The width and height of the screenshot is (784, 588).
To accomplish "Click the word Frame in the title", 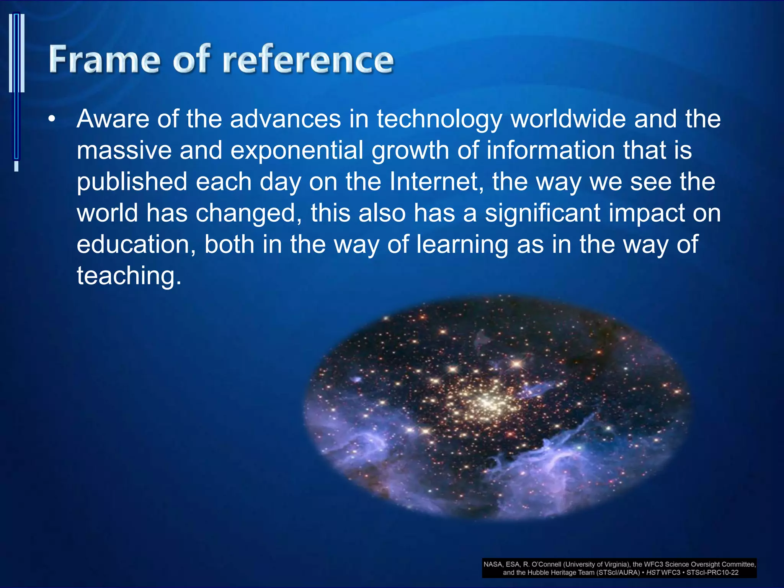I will pyautogui.click(x=104, y=59).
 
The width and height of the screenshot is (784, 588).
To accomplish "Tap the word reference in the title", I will pyautogui.click(x=308, y=59).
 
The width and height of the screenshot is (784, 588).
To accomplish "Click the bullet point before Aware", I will pyautogui.click(x=52, y=119).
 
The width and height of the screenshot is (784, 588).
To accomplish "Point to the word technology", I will pyautogui.click(x=439, y=120).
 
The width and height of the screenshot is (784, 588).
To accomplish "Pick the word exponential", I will pyautogui.click(x=297, y=151).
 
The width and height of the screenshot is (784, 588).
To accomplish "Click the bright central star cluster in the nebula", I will pyautogui.click(x=486, y=402).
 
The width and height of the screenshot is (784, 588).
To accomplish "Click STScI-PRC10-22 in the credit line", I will pyautogui.click(x=712, y=573).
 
